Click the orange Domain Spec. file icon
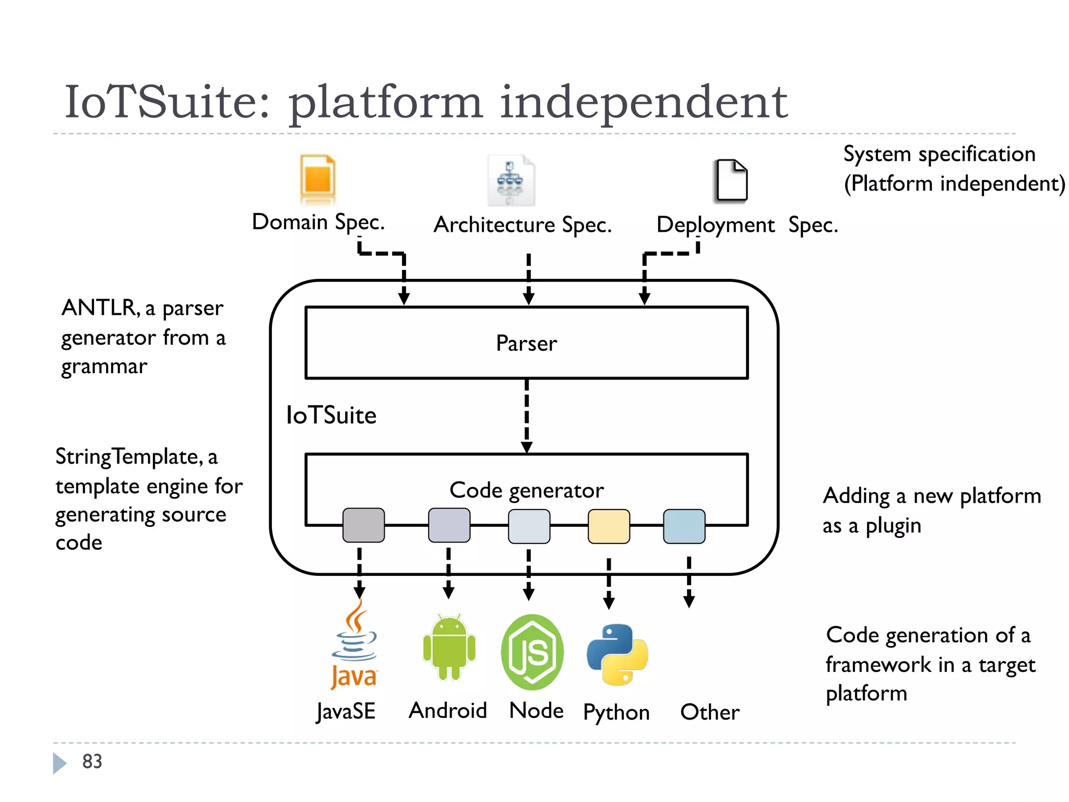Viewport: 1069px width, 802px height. click(317, 179)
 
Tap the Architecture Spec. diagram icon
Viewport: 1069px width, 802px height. click(510, 180)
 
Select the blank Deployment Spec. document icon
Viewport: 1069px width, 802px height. click(731, 180)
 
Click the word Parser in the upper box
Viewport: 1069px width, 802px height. click(526, 344)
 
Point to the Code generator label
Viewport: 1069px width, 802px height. click(526, 490)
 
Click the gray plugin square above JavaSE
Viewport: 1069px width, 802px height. click(363, 525)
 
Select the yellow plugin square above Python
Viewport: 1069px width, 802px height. click(609, 526)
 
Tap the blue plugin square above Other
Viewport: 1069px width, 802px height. click(684, 526)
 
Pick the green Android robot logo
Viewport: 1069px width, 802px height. click(449, 647)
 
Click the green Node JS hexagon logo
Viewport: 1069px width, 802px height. click(532, 652)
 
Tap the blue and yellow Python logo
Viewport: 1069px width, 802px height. click(617, 654)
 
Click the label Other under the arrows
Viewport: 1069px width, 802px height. click(709, 712)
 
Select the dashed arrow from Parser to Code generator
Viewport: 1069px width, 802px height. click(527, 415)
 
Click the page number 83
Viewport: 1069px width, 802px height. click(92, 762)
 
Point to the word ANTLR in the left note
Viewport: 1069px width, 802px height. click(99, 308)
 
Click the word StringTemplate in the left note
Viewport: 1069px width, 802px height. click(128, 457)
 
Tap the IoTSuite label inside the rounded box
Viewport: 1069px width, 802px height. click(331, 416)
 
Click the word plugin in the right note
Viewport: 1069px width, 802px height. click(893, 526)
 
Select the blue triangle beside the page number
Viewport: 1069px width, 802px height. click(59, 763)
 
